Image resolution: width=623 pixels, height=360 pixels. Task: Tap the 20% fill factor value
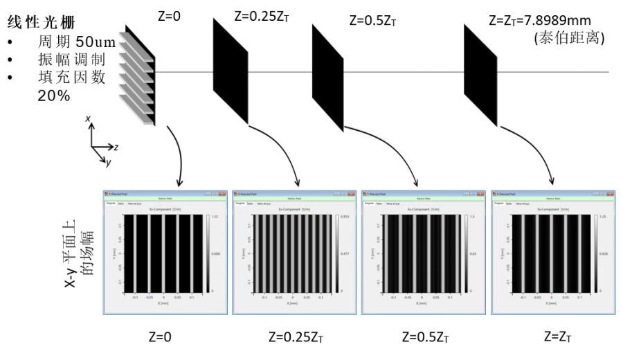click(x=53, y=96)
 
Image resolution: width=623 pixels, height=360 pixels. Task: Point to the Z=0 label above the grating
click(x=168, y=14)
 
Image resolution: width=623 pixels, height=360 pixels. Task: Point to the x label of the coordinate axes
click(x=89, y=119)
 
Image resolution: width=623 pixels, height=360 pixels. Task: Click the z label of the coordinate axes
click(x=116, y=147)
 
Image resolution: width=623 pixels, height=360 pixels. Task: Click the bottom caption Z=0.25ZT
click(x=295, y=339)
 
